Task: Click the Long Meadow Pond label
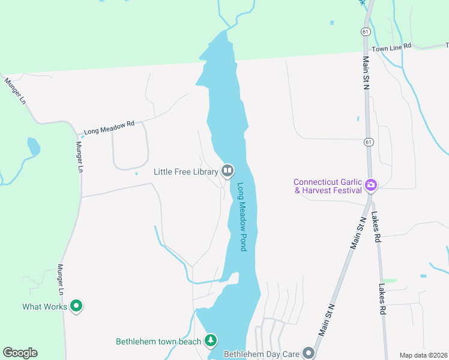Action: [243, 217]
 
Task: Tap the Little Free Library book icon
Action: [228, 172]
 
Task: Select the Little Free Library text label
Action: [185, 172]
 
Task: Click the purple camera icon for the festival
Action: [371, 185]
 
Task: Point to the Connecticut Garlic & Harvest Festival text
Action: [328, 186]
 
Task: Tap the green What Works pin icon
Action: [76, 307]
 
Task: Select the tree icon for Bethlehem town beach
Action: [211, 341]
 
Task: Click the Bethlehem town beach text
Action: [159, 341]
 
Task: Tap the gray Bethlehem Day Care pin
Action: [309, 353]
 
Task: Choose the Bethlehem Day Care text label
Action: [261, 354]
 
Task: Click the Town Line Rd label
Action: [391, 47]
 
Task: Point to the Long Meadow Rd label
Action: [109, 127]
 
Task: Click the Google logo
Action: [20, 353]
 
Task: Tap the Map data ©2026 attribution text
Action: [423, 355]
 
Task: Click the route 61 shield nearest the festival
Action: [366, 142]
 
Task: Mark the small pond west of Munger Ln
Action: [34, 146]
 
